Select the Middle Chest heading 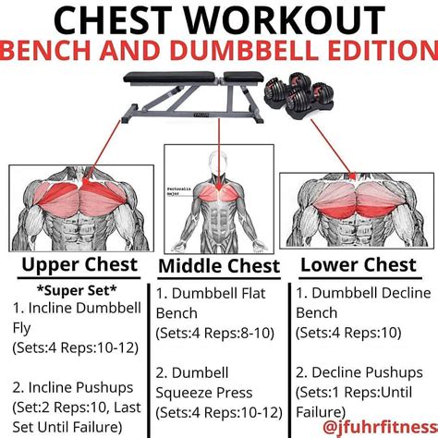tap(219, 267)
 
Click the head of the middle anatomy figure tap(218, 158)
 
